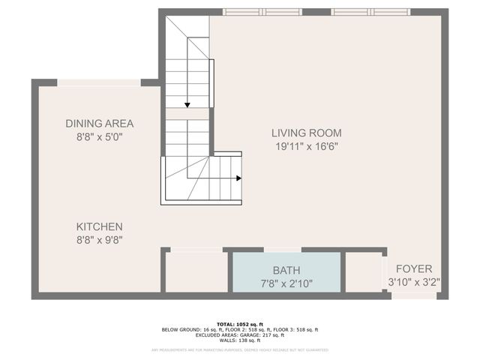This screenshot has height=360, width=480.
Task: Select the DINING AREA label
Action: pyautogui.click(x=99, y=124)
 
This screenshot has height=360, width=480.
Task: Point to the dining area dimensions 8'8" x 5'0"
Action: pyautogui.click(x=99, y=138)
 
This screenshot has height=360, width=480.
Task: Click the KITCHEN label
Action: pyautogui.click(x=99, y=226)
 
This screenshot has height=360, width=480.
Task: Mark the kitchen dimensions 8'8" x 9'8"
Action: pyautogui.click(x=99, y=241)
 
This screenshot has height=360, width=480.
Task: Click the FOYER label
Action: pyautogui.click(x=414, y=268)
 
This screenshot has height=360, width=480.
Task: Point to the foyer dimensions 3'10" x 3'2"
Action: pyautogui.click(x=414, y=283)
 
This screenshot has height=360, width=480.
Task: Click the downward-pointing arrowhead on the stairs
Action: pyautogui.click(x=187, y=105)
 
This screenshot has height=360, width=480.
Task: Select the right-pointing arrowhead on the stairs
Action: pyautogui.click(x=238, y=178)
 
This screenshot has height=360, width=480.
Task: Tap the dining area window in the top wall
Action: pyautogui.click(x=99, y=82)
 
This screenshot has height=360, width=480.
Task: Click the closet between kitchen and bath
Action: pyautogui.click(x=196, y=271)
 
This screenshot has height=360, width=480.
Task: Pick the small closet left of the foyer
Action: pyautogui.click(x=363, y=271)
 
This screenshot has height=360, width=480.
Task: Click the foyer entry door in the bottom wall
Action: pyautogui.click(x=413, y=296)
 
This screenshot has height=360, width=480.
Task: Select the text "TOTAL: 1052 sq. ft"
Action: pyautogui.click(x=240, y=324)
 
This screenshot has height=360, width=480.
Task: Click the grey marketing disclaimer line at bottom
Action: pyautogui.click(x=240, y=349)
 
